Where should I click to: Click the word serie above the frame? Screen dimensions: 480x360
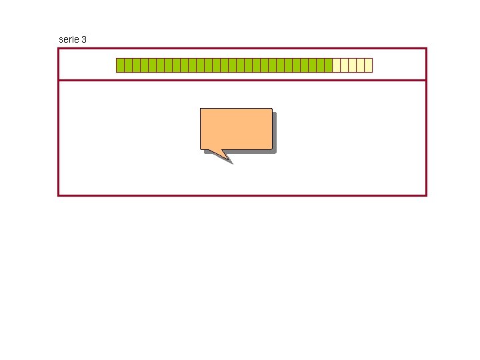coord(69,39)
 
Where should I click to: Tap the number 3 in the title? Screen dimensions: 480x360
coord(83,39)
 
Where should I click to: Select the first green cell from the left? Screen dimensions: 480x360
coord(120,65)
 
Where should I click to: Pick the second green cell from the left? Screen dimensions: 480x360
coord(128,65)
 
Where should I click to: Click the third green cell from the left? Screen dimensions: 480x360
coord(136,65)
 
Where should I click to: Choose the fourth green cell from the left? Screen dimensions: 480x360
coord(144,65)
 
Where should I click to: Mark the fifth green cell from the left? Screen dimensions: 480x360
coord(152,65)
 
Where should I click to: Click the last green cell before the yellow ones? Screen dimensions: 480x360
coord(328,65)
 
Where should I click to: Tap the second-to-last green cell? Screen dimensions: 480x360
coord(320,65)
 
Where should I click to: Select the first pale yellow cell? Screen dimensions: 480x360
coord(336,65)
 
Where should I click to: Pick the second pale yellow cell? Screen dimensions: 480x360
coord(344,65)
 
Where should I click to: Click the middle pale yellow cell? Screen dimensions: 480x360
coord(352,65)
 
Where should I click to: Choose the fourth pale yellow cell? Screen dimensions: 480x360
coord(360,65)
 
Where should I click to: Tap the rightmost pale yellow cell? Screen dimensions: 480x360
coord(368,65)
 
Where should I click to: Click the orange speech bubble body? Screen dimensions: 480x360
coord(236,128)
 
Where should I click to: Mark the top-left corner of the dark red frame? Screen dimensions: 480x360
coord(59,49)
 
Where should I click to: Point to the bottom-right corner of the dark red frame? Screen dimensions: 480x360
coord(425,195)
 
